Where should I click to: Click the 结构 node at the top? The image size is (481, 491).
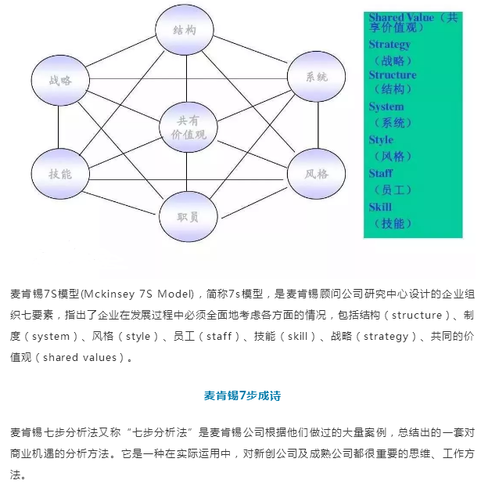(185, 30)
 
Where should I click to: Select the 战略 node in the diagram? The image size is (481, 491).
(59, 80)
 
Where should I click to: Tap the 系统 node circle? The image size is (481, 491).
(316, 77)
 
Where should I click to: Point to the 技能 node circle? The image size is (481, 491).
(59, 173)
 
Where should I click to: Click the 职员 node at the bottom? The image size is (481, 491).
(188, 216)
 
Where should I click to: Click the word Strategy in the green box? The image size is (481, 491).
(389, 45)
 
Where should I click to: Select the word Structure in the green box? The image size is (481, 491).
(392, 75)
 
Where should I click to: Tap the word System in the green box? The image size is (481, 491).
(386, 107)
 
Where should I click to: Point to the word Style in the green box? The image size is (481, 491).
(381, 139)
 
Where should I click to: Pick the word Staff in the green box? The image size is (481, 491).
(381, 173)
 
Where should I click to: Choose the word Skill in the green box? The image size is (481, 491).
(380, 207)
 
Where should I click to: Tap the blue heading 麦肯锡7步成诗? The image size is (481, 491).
(242, 395)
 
